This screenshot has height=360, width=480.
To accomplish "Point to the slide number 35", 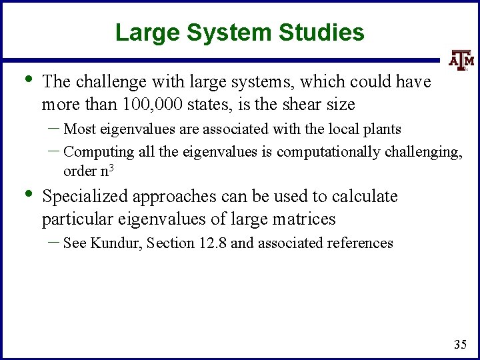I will (x=459, y=345).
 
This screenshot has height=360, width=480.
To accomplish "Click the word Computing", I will (x=99, y=151).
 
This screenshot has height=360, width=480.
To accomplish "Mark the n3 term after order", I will (x=111, y=171).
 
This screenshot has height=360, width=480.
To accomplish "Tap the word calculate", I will (x=365, y=197).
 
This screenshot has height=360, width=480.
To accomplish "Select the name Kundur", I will (x=112, y=243).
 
